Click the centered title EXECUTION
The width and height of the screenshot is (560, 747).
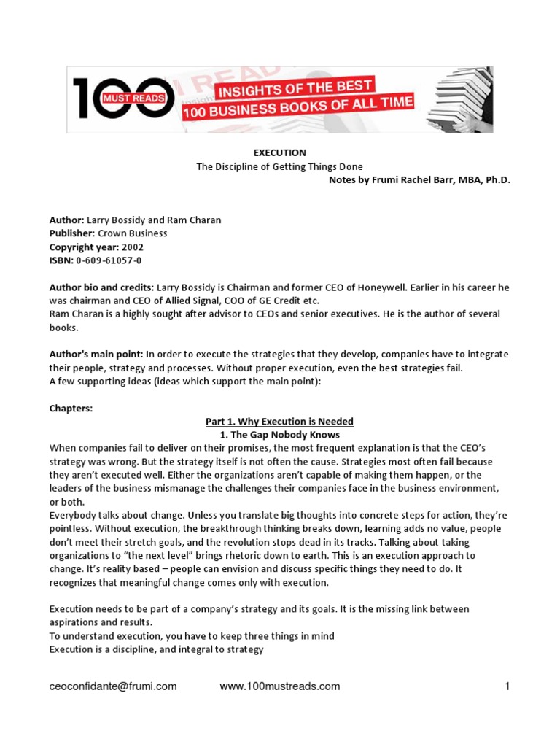(x=279, y=152)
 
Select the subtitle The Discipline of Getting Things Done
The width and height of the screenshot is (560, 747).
(x=279, y=166)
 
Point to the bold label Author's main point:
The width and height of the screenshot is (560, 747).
(x=96, y=355)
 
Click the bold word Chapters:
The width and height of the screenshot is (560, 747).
(x=71, y=408)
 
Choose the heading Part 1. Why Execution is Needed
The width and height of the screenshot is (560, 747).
(x=279, y=422)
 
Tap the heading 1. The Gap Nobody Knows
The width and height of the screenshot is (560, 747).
(x=279, y=435)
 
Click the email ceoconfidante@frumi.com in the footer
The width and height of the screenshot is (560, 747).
(x=113, y=686)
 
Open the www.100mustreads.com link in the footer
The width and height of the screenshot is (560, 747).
(x=279, y=686)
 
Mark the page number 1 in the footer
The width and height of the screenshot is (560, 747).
(x=506, y=686)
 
